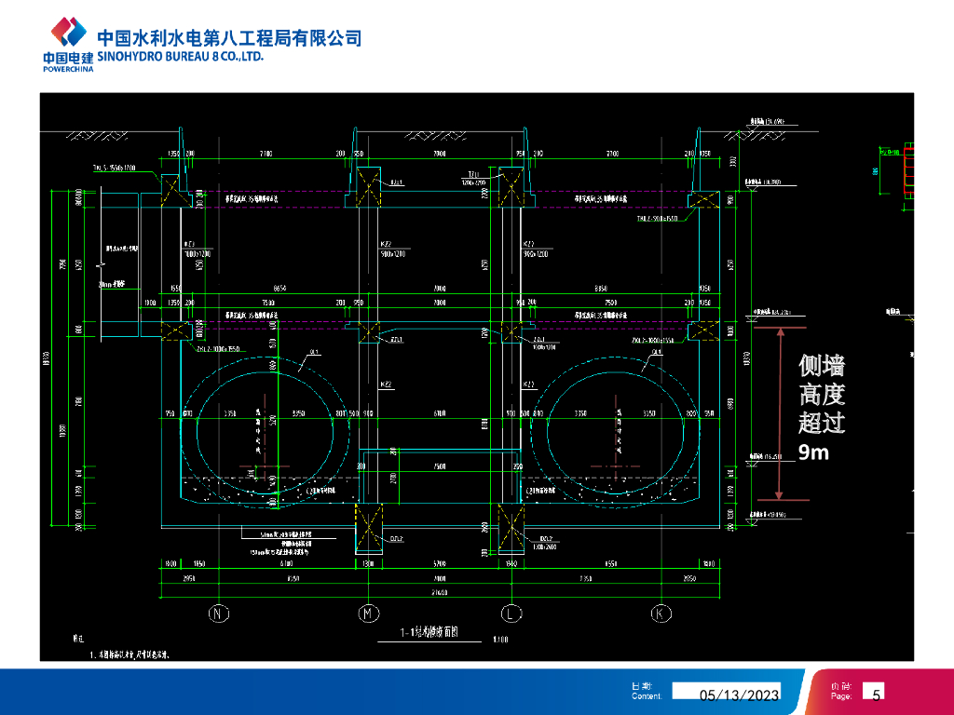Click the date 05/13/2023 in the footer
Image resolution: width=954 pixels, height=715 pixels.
740,695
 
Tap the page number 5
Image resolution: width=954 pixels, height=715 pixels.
876,694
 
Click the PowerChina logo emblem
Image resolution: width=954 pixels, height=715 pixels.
68,34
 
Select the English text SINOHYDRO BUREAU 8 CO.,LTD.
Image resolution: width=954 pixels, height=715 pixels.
181,57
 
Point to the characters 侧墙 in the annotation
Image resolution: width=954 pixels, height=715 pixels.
822,367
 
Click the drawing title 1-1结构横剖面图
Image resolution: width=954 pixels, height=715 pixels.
429,634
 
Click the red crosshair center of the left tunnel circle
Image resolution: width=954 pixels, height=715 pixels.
266,465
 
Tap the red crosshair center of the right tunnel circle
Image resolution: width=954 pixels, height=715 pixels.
616,465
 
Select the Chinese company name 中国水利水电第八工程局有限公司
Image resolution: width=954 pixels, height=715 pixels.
229,38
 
